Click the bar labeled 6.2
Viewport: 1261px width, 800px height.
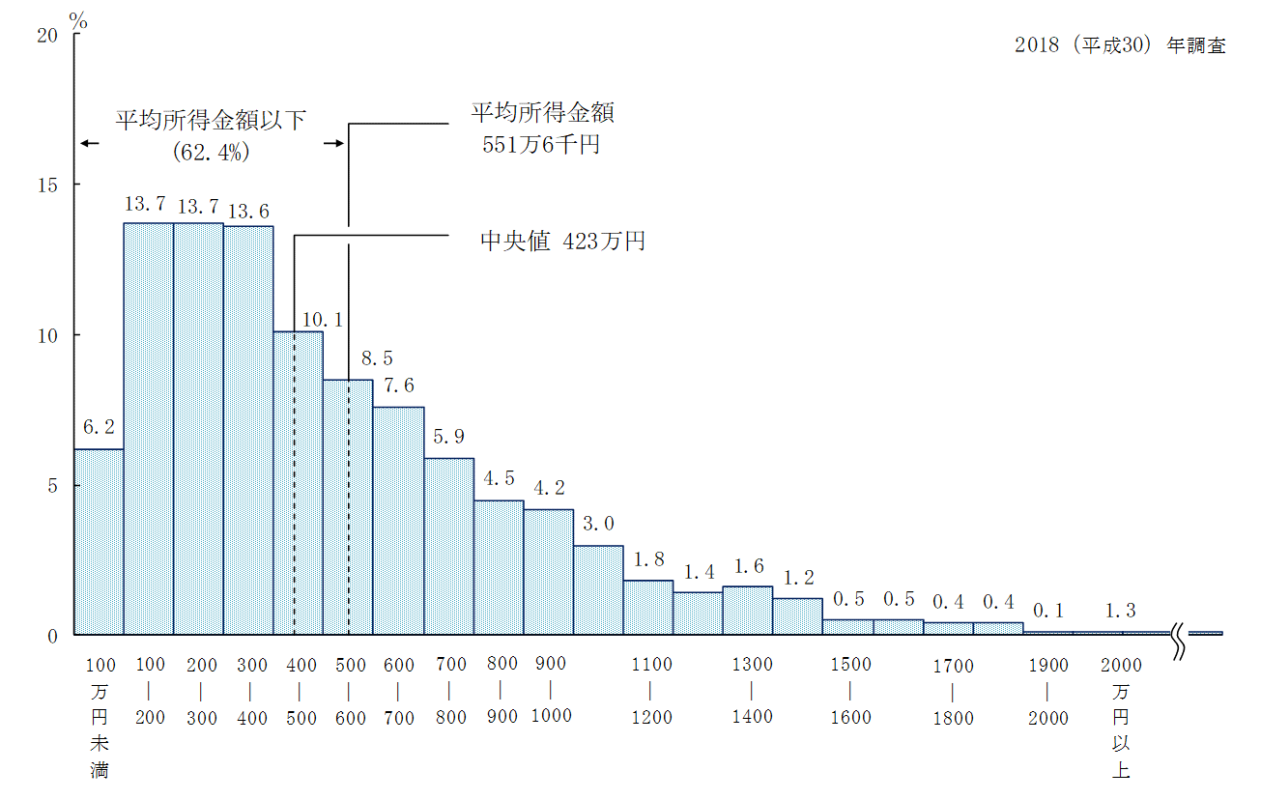click(x=99, y=541)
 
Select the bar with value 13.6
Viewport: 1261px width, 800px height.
click(x=248, y=430)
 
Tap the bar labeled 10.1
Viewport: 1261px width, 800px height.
click(x=299, y=483)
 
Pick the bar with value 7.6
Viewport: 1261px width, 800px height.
click(x=398, y=521)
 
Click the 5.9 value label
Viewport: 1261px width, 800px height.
click(x=449, y=437)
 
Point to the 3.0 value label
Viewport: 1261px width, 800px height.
click(x=599, y=524)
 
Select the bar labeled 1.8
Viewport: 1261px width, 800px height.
click(x=648, y=608)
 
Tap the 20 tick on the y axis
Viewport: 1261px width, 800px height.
click(x=47, y=35)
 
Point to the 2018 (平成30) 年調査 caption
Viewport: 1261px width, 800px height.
click(x=1120, y=45)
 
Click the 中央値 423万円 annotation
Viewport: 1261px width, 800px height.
click(x=562, y=241)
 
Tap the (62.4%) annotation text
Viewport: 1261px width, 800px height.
click(x=211, y=152)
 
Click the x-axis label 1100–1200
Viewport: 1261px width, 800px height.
click(x=651, y=691)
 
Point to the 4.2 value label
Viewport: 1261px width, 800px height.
click(x=550, y=488)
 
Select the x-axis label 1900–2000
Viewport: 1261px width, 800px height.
click(x=1048, y=692)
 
